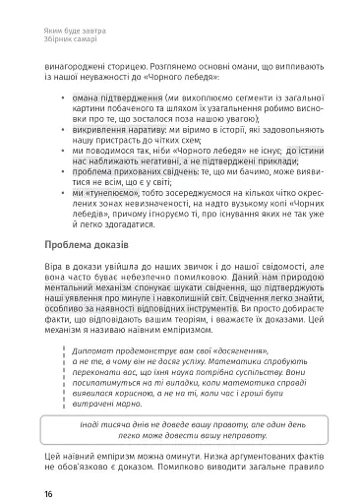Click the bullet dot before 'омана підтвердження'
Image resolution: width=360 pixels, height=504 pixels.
pos(64,98)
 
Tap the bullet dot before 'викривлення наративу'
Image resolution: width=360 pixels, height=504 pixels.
pos(64,130)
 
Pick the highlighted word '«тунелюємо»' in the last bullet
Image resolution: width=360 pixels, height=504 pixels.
pos(105,193)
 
